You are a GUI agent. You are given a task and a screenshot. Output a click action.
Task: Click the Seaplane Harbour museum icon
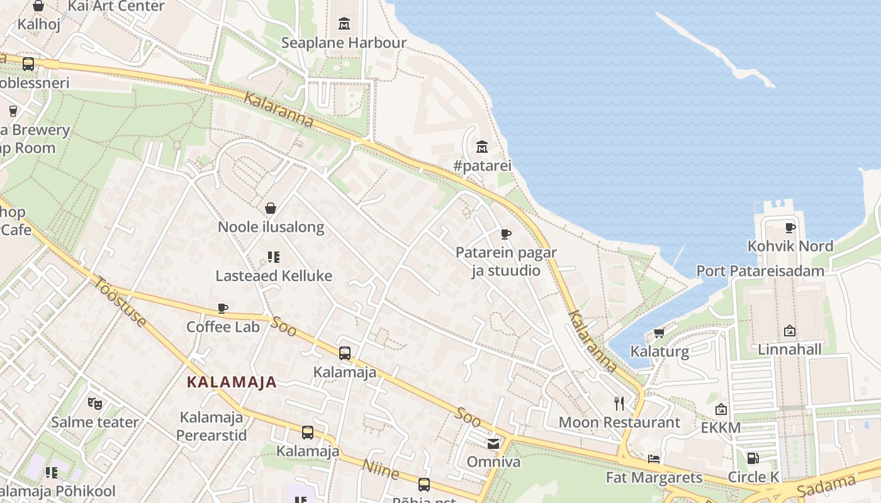click(344, 24)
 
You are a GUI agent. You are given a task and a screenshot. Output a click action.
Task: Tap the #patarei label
click(482, 166)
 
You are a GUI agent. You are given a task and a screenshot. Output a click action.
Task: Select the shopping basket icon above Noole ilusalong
click(271, 208)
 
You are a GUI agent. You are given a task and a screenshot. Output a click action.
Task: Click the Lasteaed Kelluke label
click(274, 276)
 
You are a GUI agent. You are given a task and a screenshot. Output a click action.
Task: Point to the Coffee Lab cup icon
click(222, 308)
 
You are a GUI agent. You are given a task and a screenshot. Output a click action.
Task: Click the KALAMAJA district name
click(232, 382)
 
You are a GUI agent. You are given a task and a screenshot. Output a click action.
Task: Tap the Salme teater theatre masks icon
click(94, 403)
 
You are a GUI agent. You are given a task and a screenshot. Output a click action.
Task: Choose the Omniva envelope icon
click(493, 443)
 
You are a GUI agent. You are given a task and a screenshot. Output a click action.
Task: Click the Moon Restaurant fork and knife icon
click(619, 403)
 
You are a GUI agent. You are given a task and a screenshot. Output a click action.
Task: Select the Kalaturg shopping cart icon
click(659, 333)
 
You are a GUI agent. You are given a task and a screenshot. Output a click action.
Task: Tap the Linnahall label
click(790, 350)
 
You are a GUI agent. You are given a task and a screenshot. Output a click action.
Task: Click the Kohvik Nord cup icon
click(790, 228)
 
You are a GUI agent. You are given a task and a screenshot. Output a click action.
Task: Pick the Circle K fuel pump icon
click(752, 458)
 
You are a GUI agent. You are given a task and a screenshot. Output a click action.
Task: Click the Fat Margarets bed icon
click(654, 458)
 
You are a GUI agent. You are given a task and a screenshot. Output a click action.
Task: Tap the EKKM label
click(721, 428)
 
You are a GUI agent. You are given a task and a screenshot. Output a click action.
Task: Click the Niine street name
click(380, 469)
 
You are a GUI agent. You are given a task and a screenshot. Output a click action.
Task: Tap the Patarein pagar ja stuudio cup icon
click(505, 234)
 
